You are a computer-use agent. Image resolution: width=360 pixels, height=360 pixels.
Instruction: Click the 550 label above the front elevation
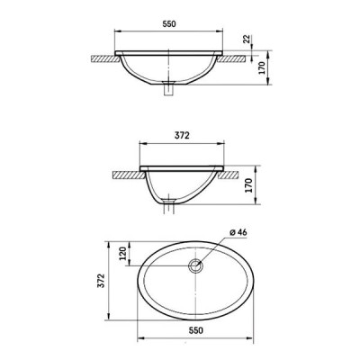(169, 24)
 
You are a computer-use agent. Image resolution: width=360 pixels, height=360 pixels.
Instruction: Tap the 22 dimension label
(247, 39)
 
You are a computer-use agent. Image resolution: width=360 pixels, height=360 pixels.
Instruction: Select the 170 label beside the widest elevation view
(262, 67)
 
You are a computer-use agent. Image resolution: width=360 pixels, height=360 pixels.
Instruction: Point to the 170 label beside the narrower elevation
(249, 185)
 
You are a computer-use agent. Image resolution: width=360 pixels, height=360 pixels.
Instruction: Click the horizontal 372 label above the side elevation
(182, 136)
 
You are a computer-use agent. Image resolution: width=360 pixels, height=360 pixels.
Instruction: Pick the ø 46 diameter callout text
(238, 232)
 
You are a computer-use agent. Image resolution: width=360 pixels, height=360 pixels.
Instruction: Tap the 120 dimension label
(123, 254)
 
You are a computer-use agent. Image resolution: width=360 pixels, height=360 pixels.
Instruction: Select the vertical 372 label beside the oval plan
(102, 281)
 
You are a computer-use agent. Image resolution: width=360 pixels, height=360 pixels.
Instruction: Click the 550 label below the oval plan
(196, 330)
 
